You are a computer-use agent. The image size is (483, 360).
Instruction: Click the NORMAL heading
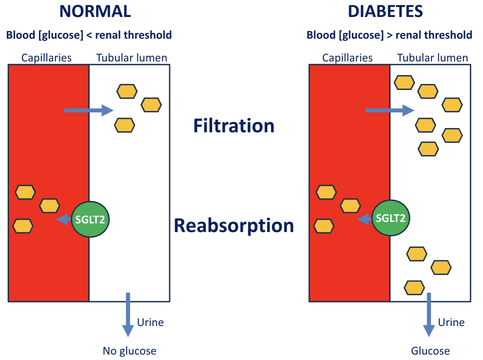(95, 12)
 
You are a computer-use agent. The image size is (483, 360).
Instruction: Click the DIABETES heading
(385, 12)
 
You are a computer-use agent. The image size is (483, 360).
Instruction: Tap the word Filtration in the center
(234, 126)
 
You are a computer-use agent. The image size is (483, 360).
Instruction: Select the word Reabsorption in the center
(234, 226)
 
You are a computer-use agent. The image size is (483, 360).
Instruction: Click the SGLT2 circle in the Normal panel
(90, 219)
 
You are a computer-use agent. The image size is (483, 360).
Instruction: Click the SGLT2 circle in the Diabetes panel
(391, 218)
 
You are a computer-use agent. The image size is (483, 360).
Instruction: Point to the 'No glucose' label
(129, 351)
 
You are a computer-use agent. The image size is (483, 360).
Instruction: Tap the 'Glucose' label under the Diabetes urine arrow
(430, 351)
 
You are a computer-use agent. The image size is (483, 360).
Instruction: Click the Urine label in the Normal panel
(150, 322)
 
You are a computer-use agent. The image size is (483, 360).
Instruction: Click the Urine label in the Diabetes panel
(451, 322)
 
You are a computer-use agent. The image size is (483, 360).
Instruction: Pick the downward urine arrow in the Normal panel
(128, 314)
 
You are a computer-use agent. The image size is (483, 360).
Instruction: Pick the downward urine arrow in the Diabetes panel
(429, 314)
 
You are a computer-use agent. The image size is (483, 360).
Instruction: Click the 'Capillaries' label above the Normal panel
(46, 58)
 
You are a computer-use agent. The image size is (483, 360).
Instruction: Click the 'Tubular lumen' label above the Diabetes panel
(432, 58)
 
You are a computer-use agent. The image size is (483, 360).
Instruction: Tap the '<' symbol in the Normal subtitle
(89, 35)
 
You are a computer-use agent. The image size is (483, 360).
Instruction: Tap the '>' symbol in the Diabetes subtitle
(389, 35)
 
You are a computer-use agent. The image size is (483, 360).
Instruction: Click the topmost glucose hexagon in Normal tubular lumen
(127, 91)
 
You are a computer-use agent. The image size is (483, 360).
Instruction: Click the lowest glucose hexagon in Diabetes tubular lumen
(414, 288)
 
